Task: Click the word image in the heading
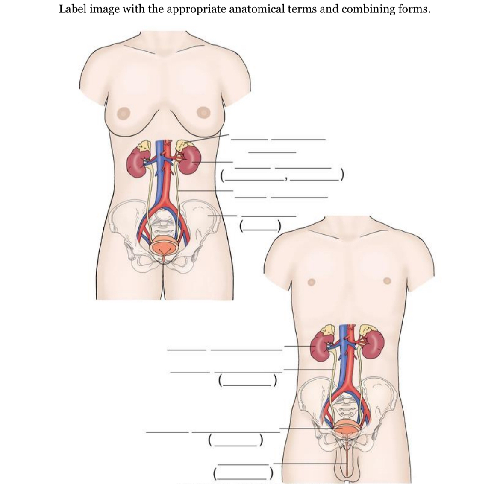coord(105,9)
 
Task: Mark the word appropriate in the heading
coord(195,9)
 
